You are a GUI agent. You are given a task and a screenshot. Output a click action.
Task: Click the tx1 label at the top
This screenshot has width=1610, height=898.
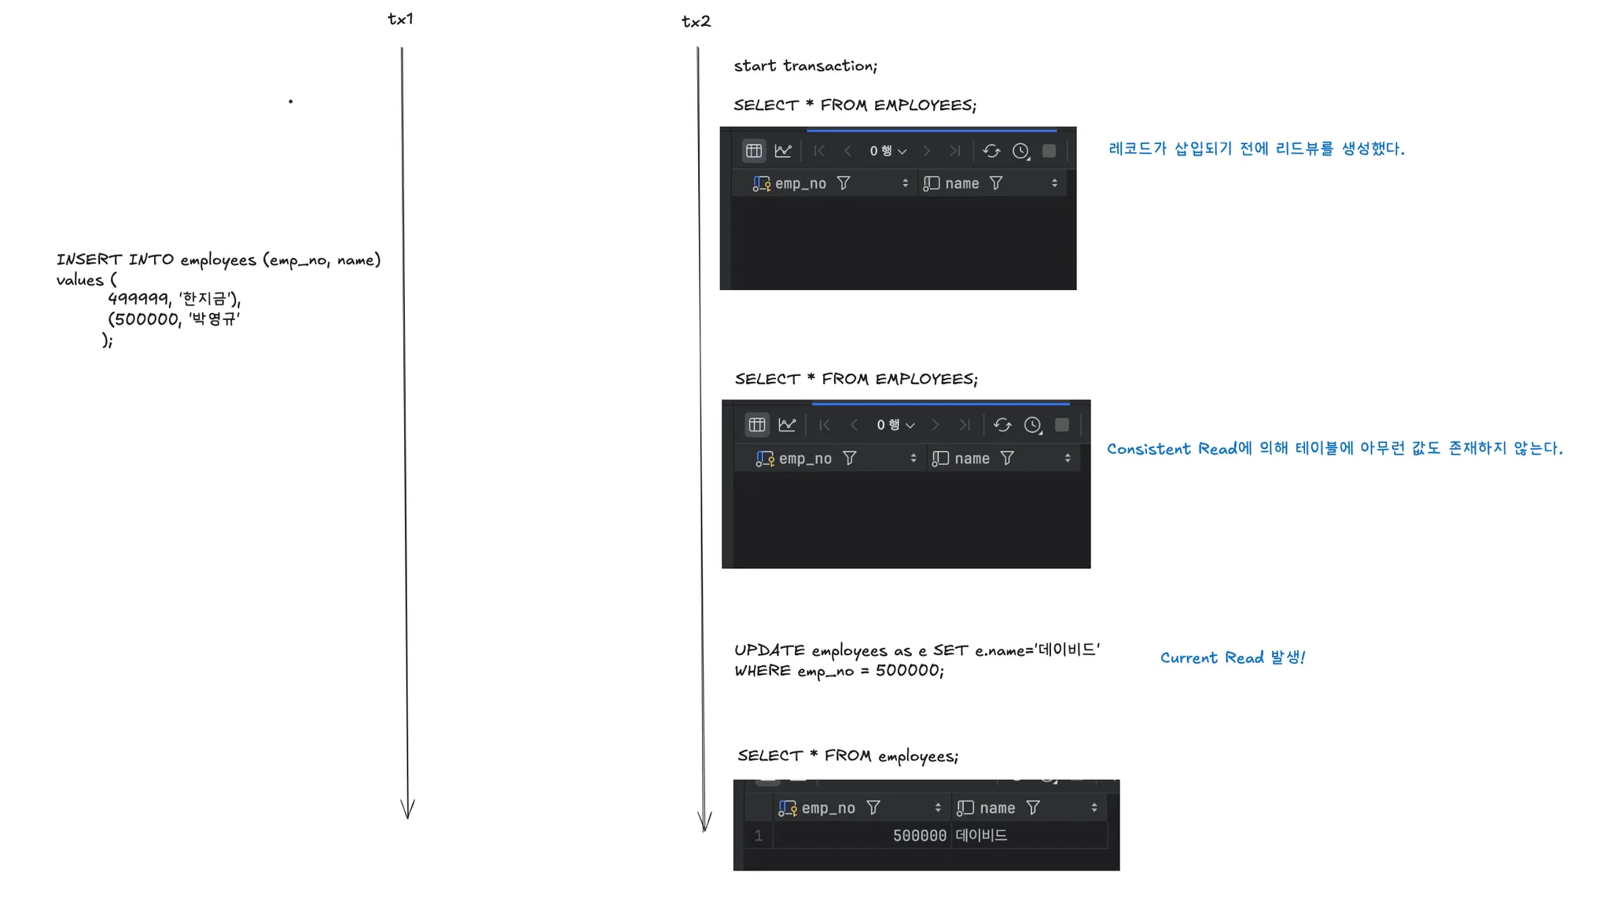pyautogui.click(x=400, y=19)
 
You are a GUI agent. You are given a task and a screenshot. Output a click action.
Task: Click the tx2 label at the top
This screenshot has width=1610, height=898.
pyautogui.click(x=696, y=22)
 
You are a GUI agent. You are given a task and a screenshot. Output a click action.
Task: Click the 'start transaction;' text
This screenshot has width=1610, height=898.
pyautogui.click(x=805, y=66)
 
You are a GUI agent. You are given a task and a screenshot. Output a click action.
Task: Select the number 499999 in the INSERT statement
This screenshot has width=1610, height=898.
pyautogui.click(x=138, y=299)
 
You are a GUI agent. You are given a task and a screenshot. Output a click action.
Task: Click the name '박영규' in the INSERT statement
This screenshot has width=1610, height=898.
pyautogui.click(x=214, y=318)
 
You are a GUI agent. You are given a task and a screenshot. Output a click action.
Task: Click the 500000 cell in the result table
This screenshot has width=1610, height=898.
pyautogui.click(x=919, y=836)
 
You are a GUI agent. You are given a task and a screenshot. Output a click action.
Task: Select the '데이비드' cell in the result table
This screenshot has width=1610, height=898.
pyautogui.click(x=981, y=835)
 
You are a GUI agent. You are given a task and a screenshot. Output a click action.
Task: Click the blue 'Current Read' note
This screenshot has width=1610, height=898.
pyautogui.click(x=1232, y=657)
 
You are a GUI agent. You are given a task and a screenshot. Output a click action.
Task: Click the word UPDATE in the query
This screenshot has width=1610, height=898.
pyautogui.click(x=769, y=650)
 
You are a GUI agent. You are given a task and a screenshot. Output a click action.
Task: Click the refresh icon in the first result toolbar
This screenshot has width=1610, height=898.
pyautogui.click(x=991, y=151)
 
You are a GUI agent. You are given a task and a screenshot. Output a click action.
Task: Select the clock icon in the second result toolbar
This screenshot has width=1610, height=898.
pyautogui.click(x=1033, y=425)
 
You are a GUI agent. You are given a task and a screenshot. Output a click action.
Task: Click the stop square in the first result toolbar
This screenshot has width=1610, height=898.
pyautogui.click(x=1049, y=151)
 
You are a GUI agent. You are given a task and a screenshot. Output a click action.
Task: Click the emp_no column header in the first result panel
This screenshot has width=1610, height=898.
pyautogui.click(x=800, y=184)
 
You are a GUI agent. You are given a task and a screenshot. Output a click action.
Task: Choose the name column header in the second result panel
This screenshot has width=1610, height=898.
pyautogui.click(x=972, y=458)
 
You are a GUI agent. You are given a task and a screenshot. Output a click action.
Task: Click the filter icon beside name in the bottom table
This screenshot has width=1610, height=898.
pyautogui.click(x=1033, y=808)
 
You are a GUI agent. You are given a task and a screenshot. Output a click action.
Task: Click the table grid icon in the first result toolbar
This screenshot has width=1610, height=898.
pyautogui.click(x=754, y=151)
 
